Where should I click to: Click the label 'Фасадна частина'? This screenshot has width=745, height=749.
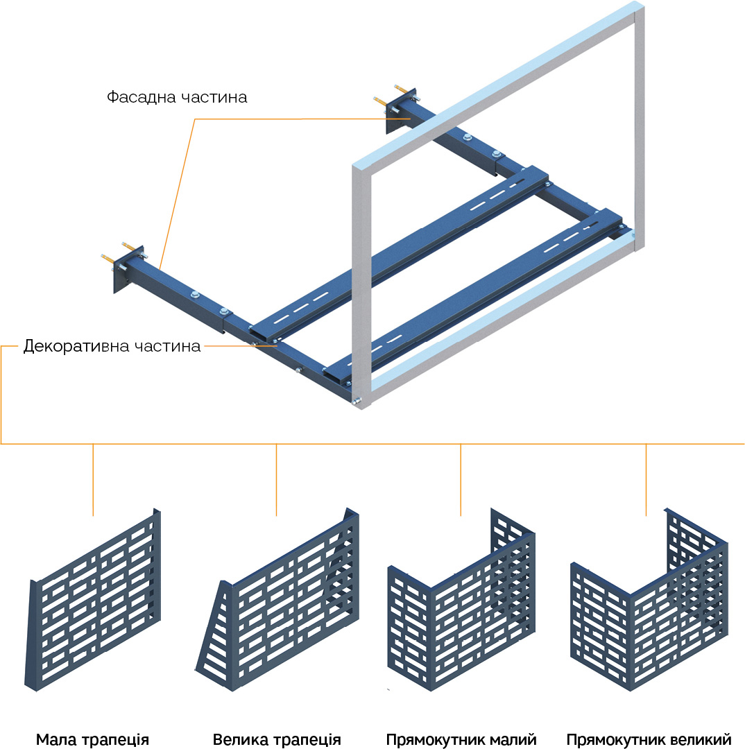tap(177, 97)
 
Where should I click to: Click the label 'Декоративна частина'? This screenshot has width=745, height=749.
tap(112, 345)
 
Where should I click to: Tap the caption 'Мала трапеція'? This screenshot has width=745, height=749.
tap(92, 739)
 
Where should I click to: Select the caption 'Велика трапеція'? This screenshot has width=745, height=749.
tap(277, 739)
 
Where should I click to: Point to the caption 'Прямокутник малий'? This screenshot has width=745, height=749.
tap(461, 739)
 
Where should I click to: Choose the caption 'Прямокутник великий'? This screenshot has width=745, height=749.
tap(649, 739)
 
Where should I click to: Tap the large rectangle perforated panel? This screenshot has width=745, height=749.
tap(649, 603)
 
